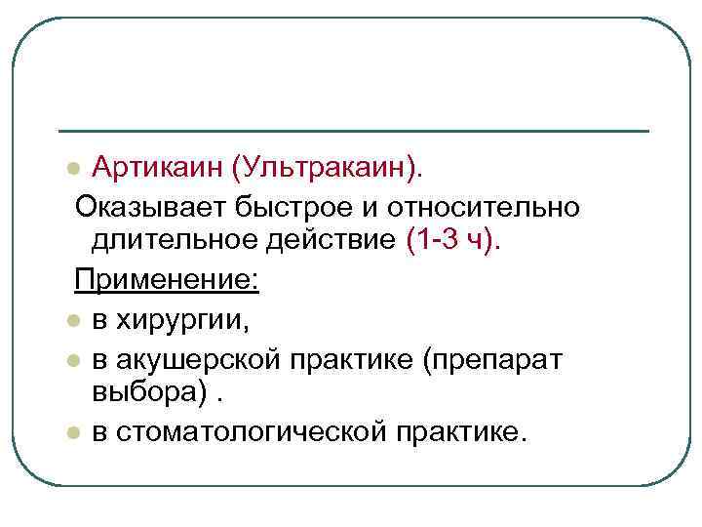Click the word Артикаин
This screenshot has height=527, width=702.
[157, 169]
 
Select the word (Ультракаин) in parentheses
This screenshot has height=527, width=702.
[325, 170]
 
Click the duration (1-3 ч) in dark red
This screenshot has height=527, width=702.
[451, 240]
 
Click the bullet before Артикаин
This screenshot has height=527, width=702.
[72, 171]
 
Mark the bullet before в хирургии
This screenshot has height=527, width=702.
[72, 320]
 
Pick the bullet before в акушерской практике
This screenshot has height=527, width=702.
[72, 359]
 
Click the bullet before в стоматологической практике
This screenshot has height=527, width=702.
[72, 431]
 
